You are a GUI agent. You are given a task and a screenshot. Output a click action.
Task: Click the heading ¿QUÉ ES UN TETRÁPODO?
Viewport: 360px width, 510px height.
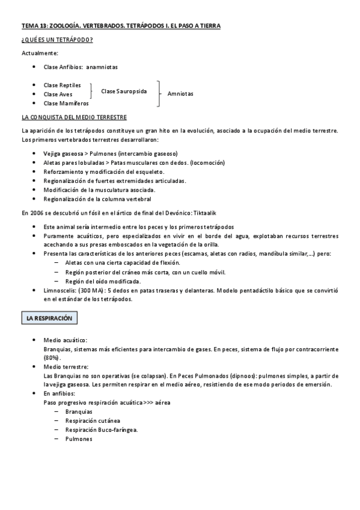56,40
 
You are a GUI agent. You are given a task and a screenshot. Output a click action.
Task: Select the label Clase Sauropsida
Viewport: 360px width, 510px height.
124,91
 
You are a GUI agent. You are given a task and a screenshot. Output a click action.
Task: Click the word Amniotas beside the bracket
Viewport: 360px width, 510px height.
180,94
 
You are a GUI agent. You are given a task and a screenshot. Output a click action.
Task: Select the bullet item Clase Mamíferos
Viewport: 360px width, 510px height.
66,103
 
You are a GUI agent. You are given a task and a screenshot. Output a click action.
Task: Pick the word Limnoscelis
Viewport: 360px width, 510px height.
61,290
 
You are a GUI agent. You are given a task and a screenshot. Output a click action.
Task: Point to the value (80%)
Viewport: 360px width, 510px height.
52,357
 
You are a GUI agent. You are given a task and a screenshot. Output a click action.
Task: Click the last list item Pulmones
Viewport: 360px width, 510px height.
79,439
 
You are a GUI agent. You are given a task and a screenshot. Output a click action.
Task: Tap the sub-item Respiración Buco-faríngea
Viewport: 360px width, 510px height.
102,430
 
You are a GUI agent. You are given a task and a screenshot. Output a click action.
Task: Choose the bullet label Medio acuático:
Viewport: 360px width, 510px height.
66,340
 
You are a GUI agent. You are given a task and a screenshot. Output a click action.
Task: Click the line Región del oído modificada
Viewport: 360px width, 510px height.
103,281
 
